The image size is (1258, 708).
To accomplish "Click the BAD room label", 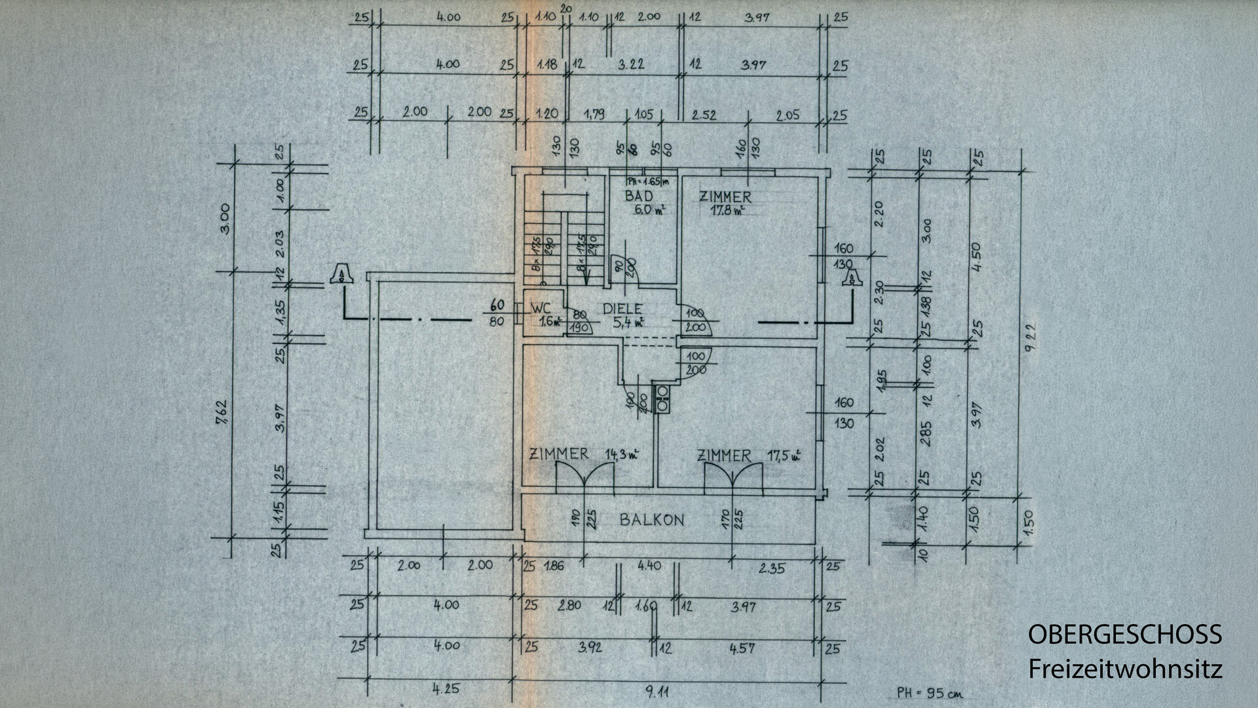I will pyautogui.click(x=638, y=196).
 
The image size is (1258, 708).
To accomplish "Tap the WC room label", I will pyautogui.click(x=541, y=308).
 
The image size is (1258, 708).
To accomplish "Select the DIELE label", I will pyautogui.click(x=622, y=309).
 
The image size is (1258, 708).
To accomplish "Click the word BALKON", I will pyautogui.click(x=652, y=520).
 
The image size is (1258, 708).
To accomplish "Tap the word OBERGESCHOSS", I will pyautogui.click(x=1124, y=635).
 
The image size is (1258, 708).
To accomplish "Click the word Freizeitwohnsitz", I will pyautogui.click(x=1124, y=669).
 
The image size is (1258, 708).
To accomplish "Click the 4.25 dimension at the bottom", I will pyautogui.click(x=446, y=689).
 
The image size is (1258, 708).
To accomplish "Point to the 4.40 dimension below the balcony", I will pyautogui.click(x=649, y=565).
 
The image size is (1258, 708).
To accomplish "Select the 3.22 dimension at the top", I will pyautogui.click(x=632, y=64).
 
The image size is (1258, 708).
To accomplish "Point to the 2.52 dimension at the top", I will pyautogui.click(x=704, y=115).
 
